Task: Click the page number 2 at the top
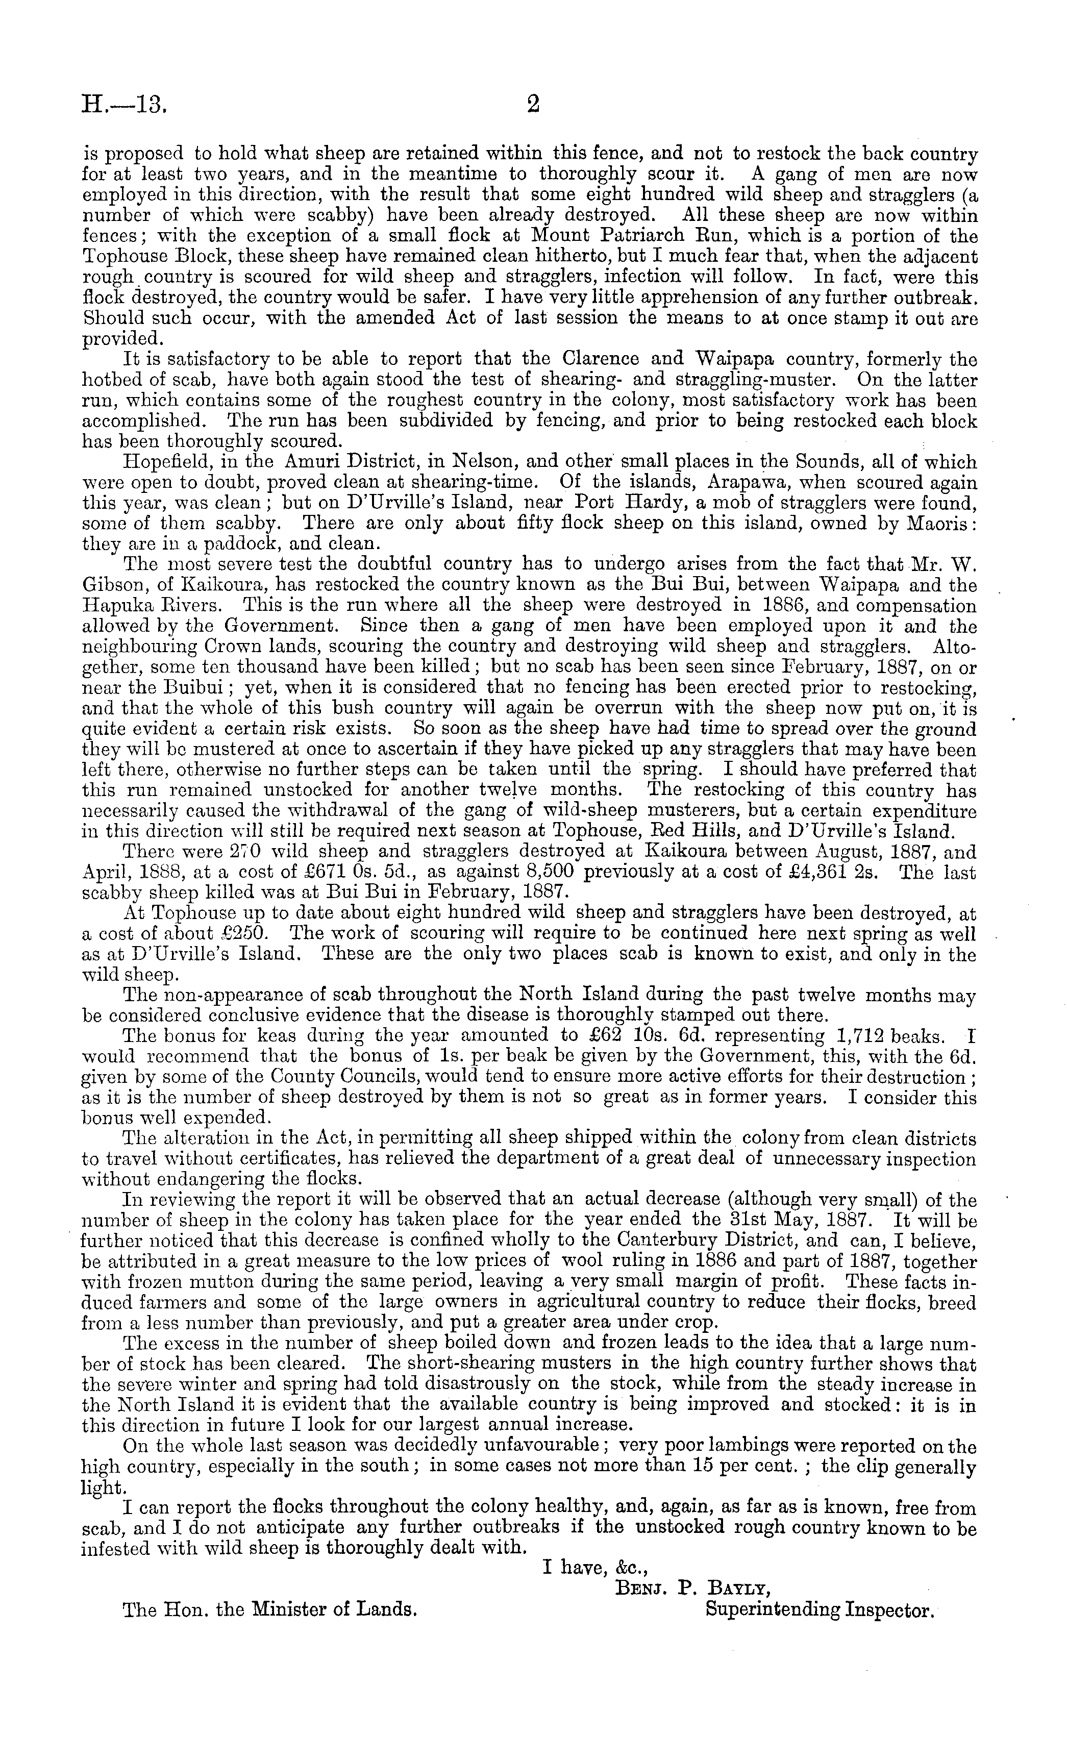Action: (533, 106)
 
